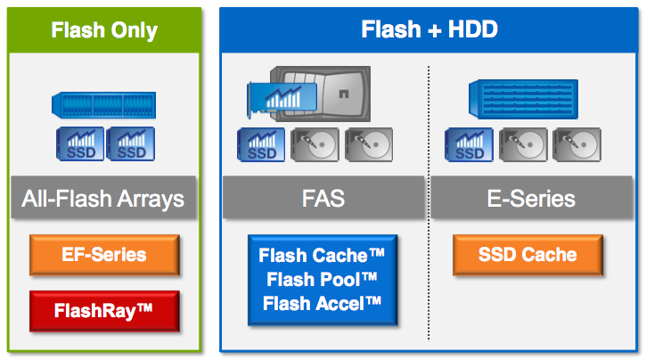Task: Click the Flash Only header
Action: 104,29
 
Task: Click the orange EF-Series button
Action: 104,256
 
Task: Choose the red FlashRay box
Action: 104,312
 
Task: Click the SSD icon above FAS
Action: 260,144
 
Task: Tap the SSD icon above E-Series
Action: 470,144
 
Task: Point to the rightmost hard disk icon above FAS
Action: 368,144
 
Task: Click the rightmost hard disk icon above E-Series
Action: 576,144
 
